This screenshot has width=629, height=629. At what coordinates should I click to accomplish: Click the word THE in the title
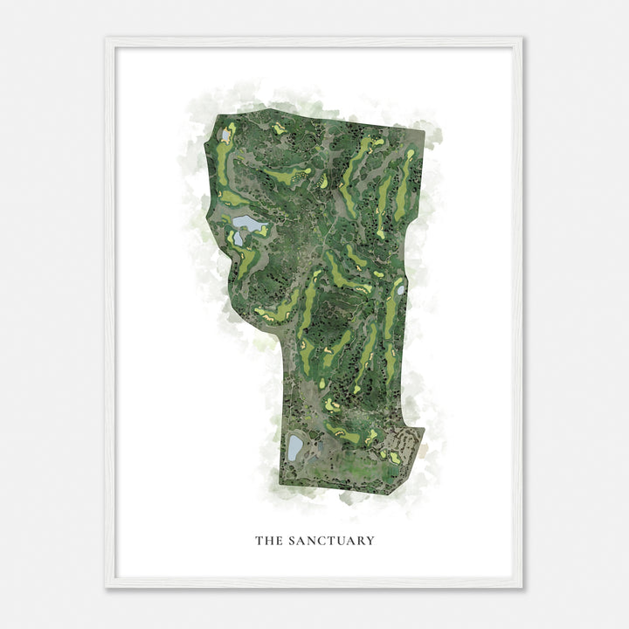pyautogui.click(x=267, y=541)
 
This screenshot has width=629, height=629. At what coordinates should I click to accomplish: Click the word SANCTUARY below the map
pyautogui.click(x=330, y=541)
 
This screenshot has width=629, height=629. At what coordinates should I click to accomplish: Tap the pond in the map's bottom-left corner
pyautogui.click(x=295, y=447)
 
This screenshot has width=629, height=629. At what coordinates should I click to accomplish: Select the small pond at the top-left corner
pyautogui.click(x=225, y=135)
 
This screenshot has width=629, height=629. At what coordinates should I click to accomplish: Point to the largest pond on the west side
pyautogui.click(x=251, y=225)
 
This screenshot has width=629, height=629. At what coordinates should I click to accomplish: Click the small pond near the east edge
pyautogui.click(x=400, y=288)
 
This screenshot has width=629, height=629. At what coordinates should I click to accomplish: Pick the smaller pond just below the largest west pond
pyautogui.click(x=238, y=238)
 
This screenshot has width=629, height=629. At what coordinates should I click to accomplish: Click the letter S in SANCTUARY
pyautogui.click(x=290, y=541)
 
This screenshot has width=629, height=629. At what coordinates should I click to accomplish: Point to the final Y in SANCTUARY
pyautogui.click(x=370, y=541)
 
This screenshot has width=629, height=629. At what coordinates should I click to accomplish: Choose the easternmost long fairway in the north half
pyautogui.click(x=403, y=183)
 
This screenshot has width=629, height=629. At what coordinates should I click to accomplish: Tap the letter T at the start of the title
pyautogui.click(x=259, y=541)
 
